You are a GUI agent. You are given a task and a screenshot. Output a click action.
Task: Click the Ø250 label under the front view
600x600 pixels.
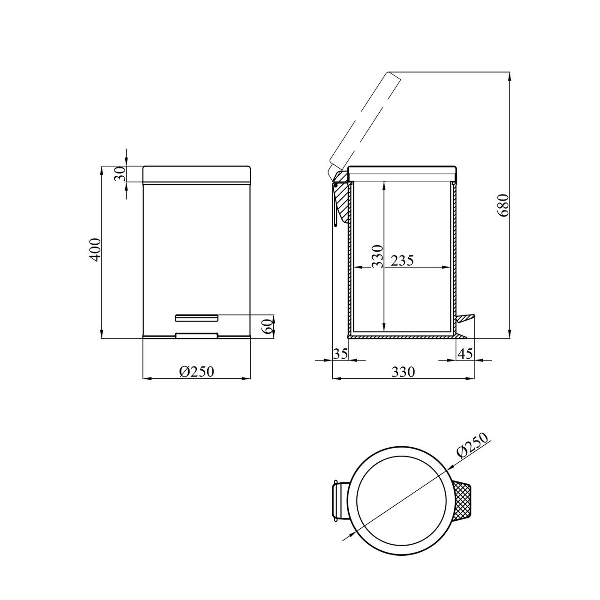point(197,371)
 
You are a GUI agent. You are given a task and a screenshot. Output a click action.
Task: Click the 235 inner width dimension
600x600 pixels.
point(402,261)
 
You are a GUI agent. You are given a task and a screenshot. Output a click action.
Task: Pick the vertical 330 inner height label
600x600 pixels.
point(377,256)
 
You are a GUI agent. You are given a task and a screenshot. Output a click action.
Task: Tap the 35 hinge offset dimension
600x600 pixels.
point(340,354)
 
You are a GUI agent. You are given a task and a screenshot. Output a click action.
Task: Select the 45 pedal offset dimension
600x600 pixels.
point(465,354)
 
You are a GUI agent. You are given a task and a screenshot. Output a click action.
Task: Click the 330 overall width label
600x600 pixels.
point(403,372)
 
